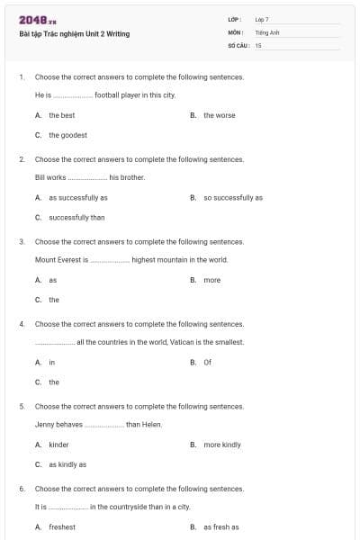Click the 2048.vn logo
(x=38, y=20)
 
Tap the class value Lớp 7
(x=262, y=19)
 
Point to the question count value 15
(x=258, y=44)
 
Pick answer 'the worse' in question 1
(x=219, y=115)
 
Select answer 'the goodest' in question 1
(x=67, y=135)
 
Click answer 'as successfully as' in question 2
(x=77, y=197)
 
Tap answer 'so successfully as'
(x=232, y=197)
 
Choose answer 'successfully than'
(x=76, y=217)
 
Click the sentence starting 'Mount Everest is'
(x=131, y=260)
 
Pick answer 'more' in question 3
(x=211, y=280)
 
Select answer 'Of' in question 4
(x=207, y=362)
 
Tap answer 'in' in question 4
(x=52, y=362)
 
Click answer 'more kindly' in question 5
(x=221, y=445)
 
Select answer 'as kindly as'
(x=67, y=464)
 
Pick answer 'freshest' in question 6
(x=62, y=526)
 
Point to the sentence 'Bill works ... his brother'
(x=89, y=177)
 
